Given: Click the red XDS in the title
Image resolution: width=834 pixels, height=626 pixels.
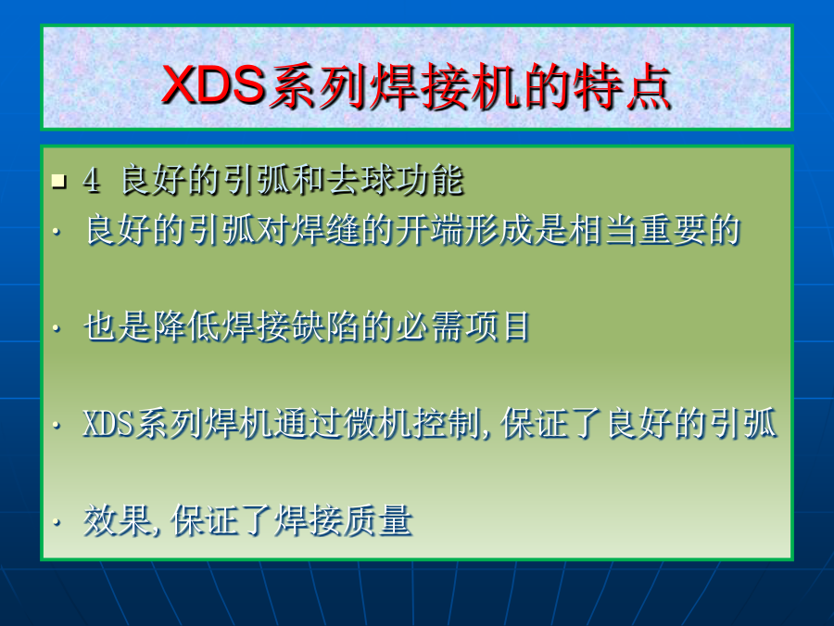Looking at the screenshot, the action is point(214,84).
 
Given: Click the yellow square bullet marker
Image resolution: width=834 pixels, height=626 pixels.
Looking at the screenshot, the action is point(59,182).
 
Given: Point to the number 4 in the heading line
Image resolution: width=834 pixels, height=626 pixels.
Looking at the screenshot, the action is point(91,181).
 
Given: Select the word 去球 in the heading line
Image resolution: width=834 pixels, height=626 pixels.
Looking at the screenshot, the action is point(360,180).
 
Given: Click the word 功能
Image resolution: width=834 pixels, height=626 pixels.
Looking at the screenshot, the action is point(429,180).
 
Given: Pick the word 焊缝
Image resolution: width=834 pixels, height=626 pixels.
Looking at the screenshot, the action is point(325,230).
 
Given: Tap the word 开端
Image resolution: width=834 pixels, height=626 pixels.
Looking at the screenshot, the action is point(429,230).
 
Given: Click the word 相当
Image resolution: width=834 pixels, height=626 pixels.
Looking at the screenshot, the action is point(602,230).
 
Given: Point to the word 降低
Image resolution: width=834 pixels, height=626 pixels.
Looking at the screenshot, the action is point(187,326).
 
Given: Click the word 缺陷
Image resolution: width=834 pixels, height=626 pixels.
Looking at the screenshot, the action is point(325,326).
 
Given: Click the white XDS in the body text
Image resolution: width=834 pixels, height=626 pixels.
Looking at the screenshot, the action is point(108,424).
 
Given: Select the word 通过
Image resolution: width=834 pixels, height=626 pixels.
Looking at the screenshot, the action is point(308,424).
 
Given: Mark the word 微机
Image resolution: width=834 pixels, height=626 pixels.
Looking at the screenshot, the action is point(377,424).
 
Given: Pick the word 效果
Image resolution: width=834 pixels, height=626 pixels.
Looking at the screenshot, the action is point(118,520).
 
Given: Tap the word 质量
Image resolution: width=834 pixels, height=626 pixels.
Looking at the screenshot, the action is point(377,520).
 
